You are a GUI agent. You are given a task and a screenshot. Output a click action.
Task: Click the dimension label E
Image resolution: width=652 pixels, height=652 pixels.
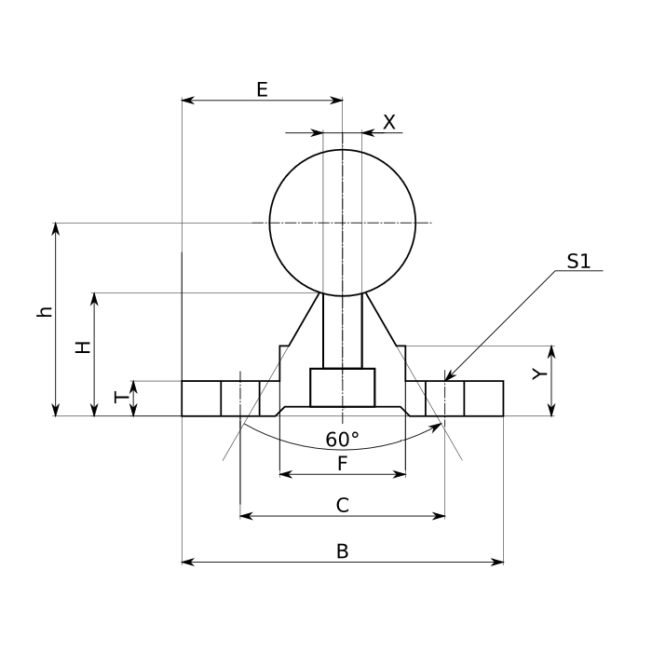click(262, 89)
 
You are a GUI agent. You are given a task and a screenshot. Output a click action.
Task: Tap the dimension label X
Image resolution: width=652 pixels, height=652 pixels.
click(389, 121)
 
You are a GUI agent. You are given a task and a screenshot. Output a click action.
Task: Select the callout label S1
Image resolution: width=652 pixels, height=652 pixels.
click(579, 262)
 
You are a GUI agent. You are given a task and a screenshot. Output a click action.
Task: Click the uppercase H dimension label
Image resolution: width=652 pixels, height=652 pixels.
click(83, 347)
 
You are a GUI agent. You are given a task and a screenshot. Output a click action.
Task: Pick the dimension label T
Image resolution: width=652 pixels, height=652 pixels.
click(119, 398)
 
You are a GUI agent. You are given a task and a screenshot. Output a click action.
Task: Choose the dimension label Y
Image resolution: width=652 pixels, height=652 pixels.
click(537, 374)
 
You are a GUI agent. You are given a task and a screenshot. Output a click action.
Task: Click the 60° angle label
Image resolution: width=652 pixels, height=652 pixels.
click(342, 440)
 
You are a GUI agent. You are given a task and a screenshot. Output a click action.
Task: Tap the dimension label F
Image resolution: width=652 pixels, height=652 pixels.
click(342, 462)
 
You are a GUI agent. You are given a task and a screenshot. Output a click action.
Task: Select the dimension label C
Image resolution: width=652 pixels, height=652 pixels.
click(342, 505)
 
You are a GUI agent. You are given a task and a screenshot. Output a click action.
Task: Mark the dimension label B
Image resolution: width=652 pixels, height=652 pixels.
click(342, 551)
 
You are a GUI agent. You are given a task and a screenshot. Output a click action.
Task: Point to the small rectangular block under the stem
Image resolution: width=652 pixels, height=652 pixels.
click(342, 387)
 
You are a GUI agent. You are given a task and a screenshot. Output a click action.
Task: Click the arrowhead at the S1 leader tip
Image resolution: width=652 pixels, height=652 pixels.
click(447, 378)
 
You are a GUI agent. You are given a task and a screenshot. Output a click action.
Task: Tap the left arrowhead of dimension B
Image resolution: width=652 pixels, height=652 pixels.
click(186, 562)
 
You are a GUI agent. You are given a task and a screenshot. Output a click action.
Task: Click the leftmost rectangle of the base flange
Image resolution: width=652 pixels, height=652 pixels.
click(200, 399)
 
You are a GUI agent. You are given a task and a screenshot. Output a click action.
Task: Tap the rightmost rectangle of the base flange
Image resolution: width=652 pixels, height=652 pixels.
click(483, 399)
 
